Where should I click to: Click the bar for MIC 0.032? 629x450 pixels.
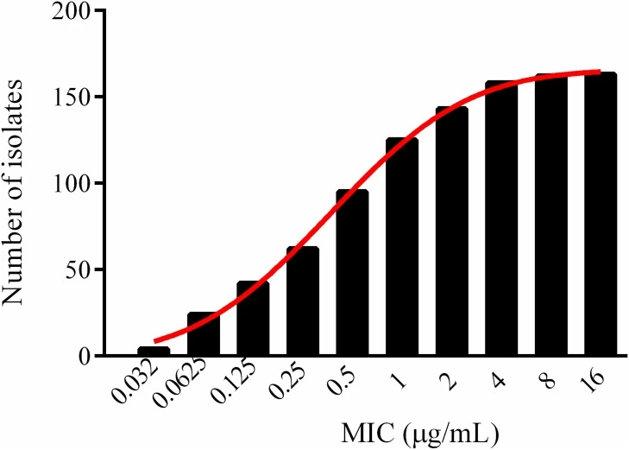(x=154, y=351)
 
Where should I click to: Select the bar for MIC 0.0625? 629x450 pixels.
(x=204, y=334)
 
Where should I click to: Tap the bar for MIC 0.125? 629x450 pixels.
(x=253, y=319)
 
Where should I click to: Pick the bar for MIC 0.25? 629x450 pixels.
(x=303, y=301)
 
